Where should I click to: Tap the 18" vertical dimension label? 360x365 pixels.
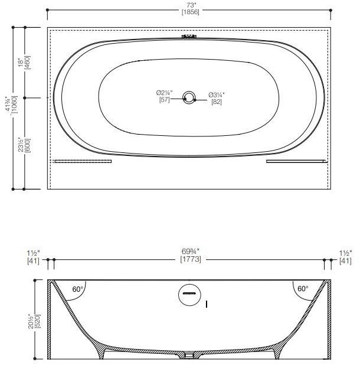(x=20, y=61)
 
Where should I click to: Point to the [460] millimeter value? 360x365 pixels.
(x=27, y=61)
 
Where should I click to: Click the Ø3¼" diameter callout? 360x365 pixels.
(x=217, y=94)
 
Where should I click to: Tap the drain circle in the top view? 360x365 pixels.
(x=189, y=98)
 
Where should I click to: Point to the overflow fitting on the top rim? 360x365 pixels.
(x=189, y=38)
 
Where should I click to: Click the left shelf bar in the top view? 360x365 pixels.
(x=83, y=161)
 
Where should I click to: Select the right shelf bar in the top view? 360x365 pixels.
(x=296, y=161)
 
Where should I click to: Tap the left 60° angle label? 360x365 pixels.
(x=78, y=289)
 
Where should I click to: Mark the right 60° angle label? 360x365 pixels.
(x=302, y=289)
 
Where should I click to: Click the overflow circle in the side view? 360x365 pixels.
(x=189, y=294)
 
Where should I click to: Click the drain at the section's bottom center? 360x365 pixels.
(x=189, y=356)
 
